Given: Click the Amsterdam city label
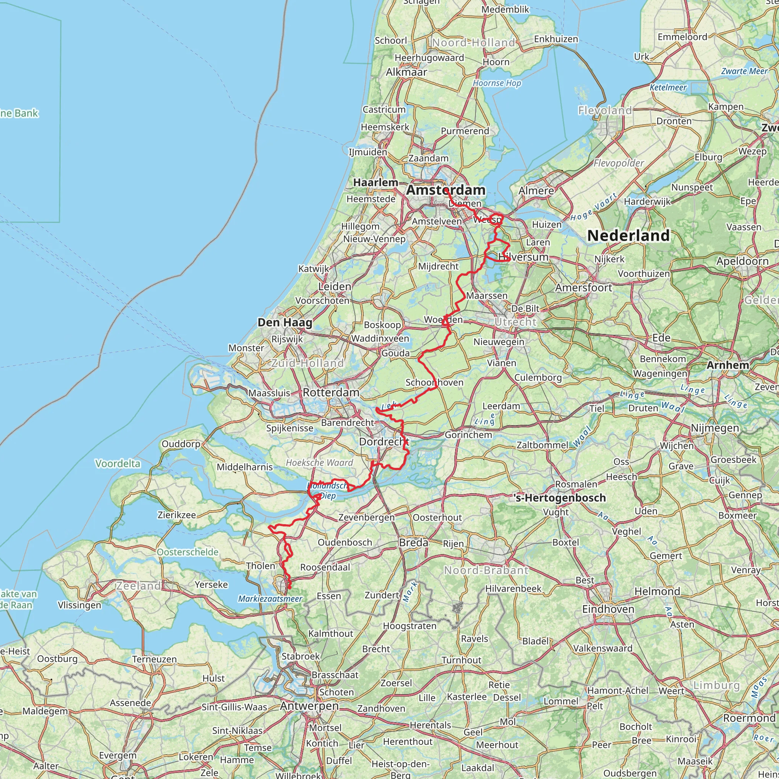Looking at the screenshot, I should click(445, 190).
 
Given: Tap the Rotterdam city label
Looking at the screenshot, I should click(331, 392).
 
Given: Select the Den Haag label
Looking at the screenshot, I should click(285, 323).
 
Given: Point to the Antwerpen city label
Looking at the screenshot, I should click(309, 706).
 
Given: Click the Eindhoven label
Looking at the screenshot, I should click(608, 609).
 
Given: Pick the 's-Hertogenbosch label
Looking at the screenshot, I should click(560, 498).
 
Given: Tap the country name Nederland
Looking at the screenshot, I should click(628, 236).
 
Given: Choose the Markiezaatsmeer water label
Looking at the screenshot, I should click(270, 599).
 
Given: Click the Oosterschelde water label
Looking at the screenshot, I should click(188, 552).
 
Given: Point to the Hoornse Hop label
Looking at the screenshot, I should click(497, 83).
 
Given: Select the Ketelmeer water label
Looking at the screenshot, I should click(668, 87).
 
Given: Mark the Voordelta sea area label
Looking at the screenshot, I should click(118, 464).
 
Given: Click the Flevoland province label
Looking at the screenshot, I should click(605, 110).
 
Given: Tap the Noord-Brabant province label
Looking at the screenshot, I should click(486, 571).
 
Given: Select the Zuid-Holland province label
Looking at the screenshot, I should click(307, 363).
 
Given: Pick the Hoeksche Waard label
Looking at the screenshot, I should click(320, 463).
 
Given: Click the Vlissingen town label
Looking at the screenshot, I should click(79, 605).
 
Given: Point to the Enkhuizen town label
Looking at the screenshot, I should click(556, 39).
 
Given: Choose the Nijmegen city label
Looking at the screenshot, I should click(715, 428).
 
